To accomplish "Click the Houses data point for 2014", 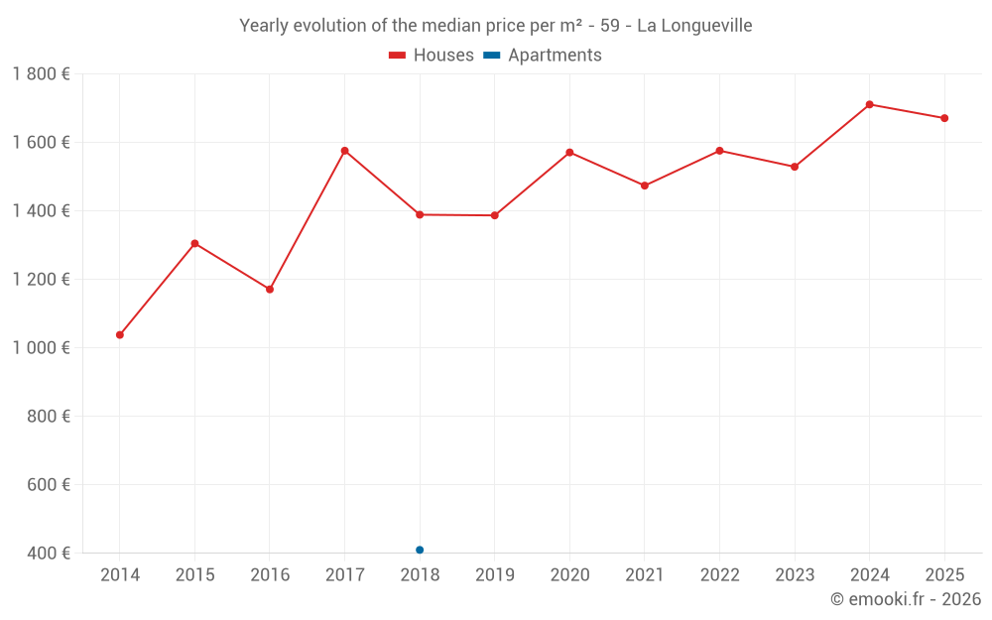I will pos(120,334).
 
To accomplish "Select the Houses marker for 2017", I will pos(345,151).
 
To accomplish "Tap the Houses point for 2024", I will pos(869,104).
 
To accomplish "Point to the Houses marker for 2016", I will pos(270,289).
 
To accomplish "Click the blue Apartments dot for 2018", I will pos(420,550).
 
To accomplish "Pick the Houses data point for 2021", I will pos(645,186).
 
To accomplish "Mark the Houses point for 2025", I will pos(944,118).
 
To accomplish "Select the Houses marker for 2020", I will pos(569,153).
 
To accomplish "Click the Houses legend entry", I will pos(432,56).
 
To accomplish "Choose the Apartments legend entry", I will pos(543,56).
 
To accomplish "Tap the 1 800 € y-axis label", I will pos(41,74).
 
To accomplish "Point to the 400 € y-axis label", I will pos(47,553).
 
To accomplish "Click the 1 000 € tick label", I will pos(41,347).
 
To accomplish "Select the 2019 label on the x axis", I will pos(495,575).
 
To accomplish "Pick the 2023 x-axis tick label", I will pos(795,575).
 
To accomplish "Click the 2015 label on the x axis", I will pos(194,575).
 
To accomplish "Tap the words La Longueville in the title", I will pos(694,26).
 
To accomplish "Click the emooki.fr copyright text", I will pos(906,599).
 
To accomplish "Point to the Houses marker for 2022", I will pos(719,151).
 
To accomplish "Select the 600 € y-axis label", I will pos(47,484).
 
